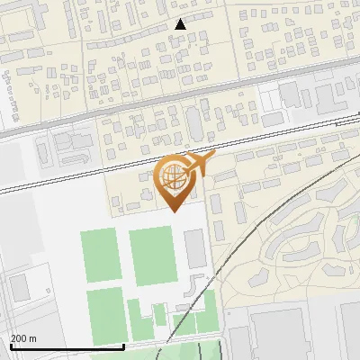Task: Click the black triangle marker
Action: [181, 24]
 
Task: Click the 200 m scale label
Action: [23, 338]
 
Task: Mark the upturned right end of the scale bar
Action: [123, 344]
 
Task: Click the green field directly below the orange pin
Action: [150, 256]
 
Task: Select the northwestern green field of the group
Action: [101, 255]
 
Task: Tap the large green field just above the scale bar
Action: [105, 315]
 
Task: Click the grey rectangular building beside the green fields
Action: [195, 249]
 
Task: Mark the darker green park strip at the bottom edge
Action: [193, 351]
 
